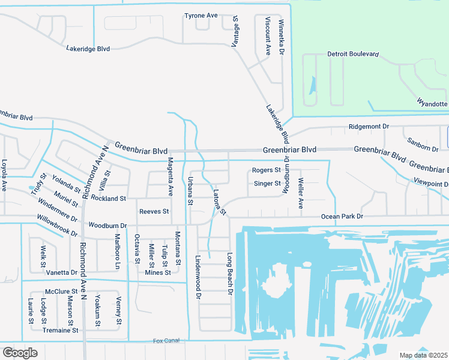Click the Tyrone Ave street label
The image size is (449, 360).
point(200,15)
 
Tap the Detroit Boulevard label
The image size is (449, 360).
point(353,54)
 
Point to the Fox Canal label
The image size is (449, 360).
point(166,341)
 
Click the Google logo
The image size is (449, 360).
point(20,353)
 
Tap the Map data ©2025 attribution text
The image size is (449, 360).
point(423,355)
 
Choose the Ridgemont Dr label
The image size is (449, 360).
point(369,127)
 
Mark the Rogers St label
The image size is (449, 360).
point(267,170)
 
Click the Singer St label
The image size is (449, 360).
point(267,184)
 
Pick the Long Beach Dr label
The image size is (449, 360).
point(229,274)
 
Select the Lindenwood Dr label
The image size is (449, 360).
point(197,276)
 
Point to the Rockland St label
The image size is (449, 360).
point(108,198)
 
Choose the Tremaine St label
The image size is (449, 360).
point(61,330)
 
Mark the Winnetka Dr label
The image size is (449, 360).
point(281,37)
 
